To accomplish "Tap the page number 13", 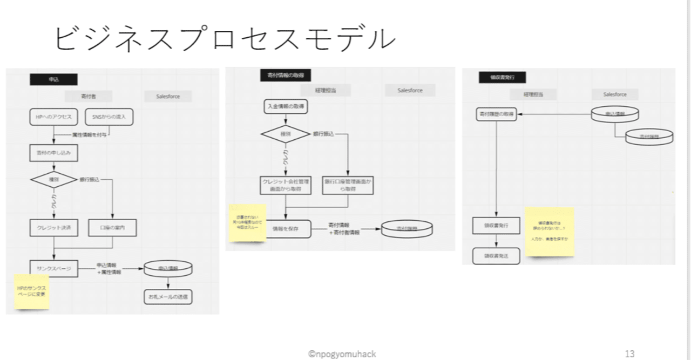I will [629, 354].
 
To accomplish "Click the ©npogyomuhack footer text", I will [342, 354].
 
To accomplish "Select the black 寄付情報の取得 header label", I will [285, 76].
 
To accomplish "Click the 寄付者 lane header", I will [88, 97].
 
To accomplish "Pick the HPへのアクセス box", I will [54, 117].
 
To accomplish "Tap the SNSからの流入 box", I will [109, 117].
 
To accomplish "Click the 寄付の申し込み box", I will [54, 153].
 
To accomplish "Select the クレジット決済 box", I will [54, 228].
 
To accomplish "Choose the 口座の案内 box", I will [112, 228].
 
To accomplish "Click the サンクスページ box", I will [54, 268].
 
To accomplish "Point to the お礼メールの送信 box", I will [168, 297].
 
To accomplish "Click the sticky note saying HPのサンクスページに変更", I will [32, 291].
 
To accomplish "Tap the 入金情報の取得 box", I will [286, 107].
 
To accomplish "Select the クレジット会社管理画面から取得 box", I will [285, 185].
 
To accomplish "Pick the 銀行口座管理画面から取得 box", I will [348, 185].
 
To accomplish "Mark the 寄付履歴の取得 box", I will [496, 114].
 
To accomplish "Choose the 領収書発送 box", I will [496, 256].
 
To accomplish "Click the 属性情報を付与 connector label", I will [89, 134].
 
